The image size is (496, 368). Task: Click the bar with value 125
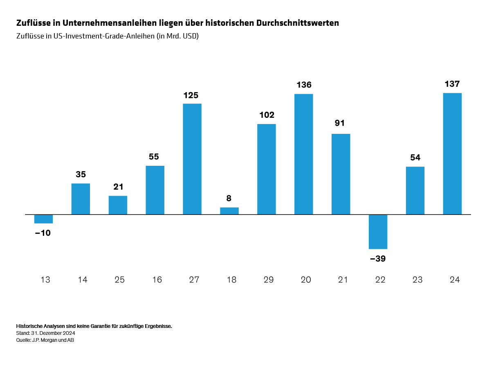tap(192, 159)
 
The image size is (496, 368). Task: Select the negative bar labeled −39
tap(378, 231)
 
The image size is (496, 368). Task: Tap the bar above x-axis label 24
tap(452, 154)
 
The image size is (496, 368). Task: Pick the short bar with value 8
tap(229, 211)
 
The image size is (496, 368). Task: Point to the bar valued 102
tap(266, 169)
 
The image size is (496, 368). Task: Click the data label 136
tap(304, 85)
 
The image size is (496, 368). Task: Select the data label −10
tap(43, 233)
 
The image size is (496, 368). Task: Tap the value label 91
tap(340, 123)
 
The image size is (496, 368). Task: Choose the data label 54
tap(415, 158)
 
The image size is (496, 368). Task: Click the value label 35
tap(81, 174)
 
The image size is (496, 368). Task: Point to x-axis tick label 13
tap(45, 280)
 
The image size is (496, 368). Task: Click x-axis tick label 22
tap(380, 280)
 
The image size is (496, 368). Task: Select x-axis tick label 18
tap(231, 280)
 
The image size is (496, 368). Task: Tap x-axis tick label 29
tap(269, 280)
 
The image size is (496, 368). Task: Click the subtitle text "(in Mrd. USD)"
tap(177, 36)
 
